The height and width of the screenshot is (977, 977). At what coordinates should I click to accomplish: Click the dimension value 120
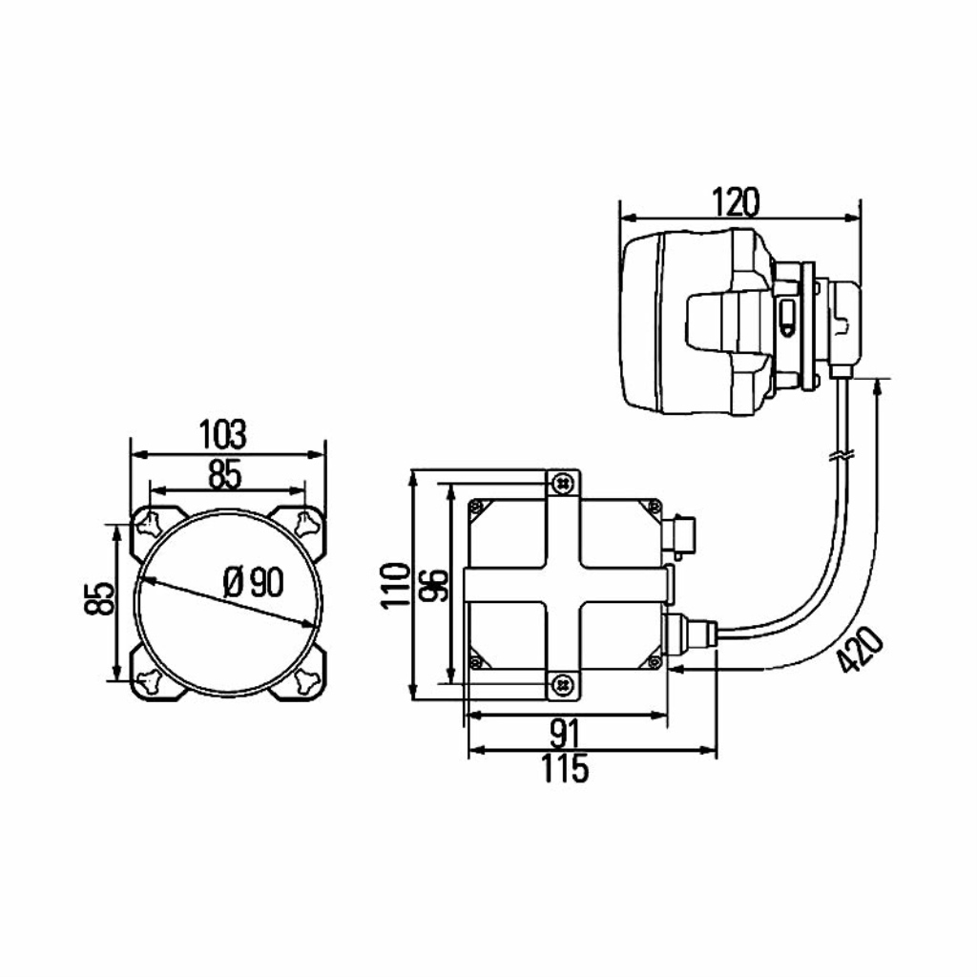click(x=736, y=202)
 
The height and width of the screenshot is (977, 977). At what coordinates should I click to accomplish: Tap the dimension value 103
click(x=222, y=434)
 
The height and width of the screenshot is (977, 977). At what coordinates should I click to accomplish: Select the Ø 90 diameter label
click(x=253, y=583)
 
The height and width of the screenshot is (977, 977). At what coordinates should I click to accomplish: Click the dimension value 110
click(x=396, y=585)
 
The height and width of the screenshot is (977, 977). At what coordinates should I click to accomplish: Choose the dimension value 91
click(x=565, y=733)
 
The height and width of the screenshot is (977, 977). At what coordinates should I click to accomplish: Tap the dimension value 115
click(x=565, y=768)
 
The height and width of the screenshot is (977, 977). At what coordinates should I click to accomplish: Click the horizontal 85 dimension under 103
click(x=225, y=475)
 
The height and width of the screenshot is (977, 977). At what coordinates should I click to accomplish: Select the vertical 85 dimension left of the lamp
click(x=99, y=598)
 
